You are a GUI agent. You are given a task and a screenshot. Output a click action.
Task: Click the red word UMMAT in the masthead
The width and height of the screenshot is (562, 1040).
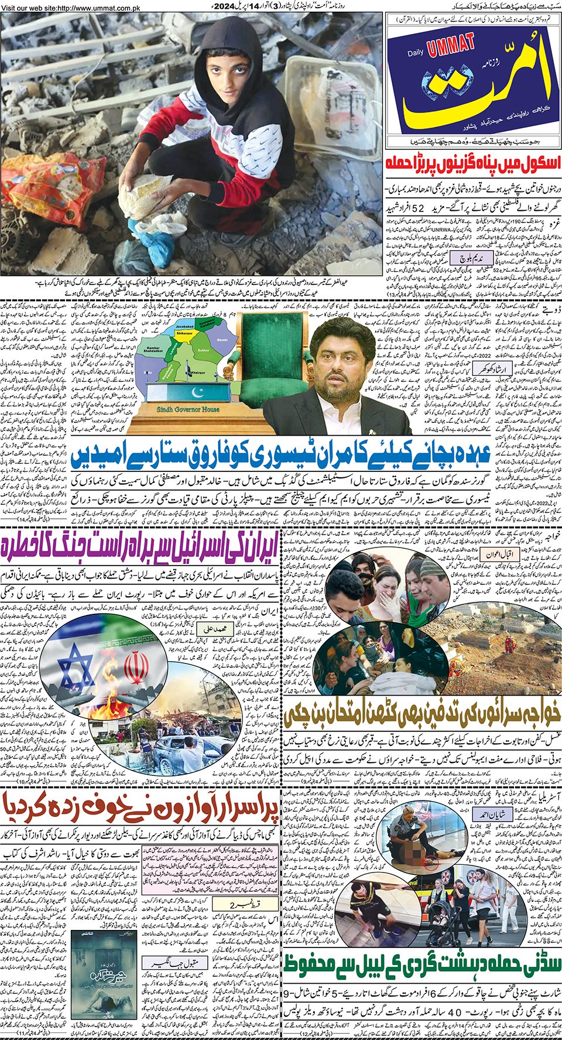tap(451, 45)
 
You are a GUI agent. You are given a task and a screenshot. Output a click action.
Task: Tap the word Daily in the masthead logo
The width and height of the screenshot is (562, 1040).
tap(416, 53)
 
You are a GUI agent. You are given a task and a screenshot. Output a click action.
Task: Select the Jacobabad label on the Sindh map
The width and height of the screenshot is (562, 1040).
tap(184, 327)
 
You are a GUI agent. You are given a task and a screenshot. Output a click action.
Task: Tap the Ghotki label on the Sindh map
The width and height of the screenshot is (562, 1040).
tap(222, 340)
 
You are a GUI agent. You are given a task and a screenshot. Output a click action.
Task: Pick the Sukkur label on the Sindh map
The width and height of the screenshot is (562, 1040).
tap(204, 350)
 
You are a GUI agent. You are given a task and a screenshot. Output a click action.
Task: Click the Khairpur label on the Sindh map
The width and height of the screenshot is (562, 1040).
tap(197, 372)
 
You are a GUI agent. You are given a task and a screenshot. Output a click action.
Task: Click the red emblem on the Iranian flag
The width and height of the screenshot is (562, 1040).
tap(136, 668)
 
